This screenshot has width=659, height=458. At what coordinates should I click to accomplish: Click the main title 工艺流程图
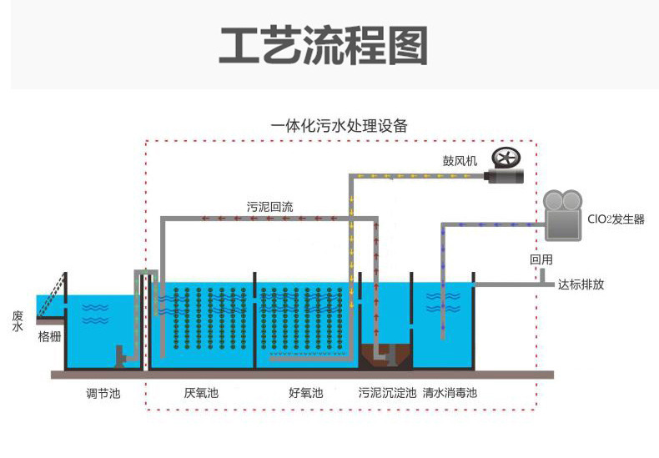[x=323, y=45]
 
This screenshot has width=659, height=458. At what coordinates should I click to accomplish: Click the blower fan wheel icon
[x=506, y=158]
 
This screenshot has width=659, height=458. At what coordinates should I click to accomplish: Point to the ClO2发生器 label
[x=616, y=220]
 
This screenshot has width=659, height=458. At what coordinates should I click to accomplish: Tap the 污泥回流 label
[x=269, y=205]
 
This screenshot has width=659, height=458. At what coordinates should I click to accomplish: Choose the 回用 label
[x=541, y=259]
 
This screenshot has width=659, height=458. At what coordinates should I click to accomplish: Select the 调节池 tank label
[x=103, y=392]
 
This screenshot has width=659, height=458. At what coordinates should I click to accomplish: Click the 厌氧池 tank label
[x=201, y=392]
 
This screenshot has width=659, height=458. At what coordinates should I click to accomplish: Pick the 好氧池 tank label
[x=305, y=392]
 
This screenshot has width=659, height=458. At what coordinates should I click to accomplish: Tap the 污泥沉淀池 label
[x=387, y=392]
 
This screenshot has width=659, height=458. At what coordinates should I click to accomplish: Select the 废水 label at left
[x=18, y=321]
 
